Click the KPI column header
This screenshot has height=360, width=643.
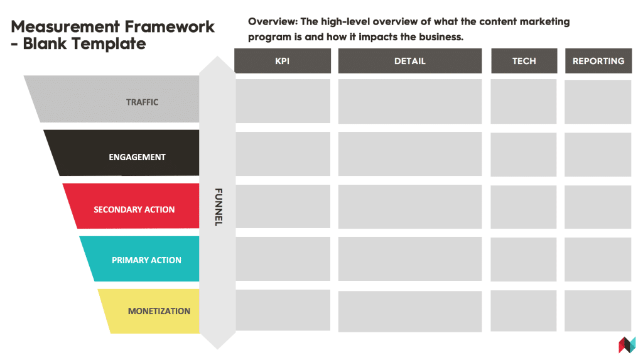coord(283,61)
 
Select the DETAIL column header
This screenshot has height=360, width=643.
coord(410,61)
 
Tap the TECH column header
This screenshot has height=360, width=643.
coord(524,61)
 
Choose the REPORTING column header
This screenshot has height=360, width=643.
coord(598,61)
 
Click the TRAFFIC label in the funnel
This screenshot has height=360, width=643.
coord(143,102)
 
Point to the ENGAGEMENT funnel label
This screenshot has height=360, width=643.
coord(137,157)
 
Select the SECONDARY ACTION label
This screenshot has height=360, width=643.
coord(134,209)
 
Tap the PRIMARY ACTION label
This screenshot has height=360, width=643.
coord(146,260)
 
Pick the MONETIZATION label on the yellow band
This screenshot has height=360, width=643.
coord(159,311)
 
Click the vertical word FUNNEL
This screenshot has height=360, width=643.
coord(218,207)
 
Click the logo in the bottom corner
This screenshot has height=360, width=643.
coord(627,345)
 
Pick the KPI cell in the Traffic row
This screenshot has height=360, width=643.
coord(283,101)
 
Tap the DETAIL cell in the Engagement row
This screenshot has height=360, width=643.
coord(410,154)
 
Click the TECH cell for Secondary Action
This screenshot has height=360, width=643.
coord(524,207)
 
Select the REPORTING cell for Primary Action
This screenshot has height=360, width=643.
coord(598,259)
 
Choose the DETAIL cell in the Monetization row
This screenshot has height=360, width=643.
coord(410,311)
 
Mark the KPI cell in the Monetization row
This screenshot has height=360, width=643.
coord(283,310)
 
